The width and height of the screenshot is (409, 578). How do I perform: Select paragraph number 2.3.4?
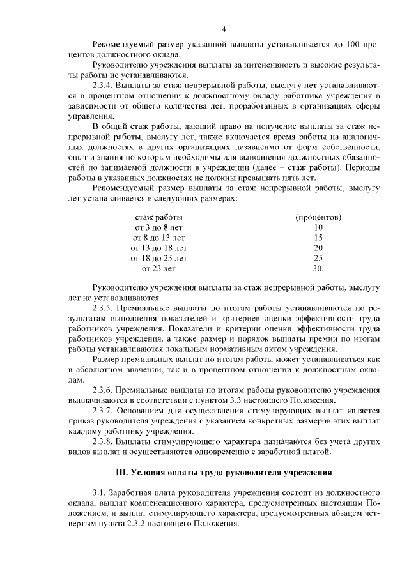pyautogui.click(x=104, y=84)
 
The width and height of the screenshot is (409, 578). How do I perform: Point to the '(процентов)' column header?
pyautogui.click(x=318, y=217)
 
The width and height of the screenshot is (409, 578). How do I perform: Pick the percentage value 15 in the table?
pyautogui.click(x=318, y=238)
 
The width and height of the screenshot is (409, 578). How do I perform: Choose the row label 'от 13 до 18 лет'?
pyautogui.click(x=159, y=248)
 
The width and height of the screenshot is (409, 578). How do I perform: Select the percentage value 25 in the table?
pyautogui.click(x=318, y=258)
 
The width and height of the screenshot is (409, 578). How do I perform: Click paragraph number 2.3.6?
pyautogui.click(x=104, y=390)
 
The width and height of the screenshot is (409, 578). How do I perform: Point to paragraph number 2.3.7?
pyautogui.click(x=104, y=410)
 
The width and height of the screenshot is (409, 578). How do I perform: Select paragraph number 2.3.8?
pyautogui.click(x=104, y=441)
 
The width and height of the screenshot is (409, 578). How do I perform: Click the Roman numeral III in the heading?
pyautogui.click(x=121, y=473)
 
